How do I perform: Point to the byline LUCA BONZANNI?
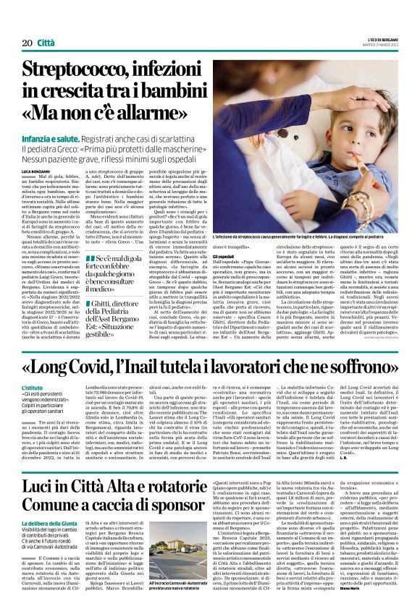coord(35,170)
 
